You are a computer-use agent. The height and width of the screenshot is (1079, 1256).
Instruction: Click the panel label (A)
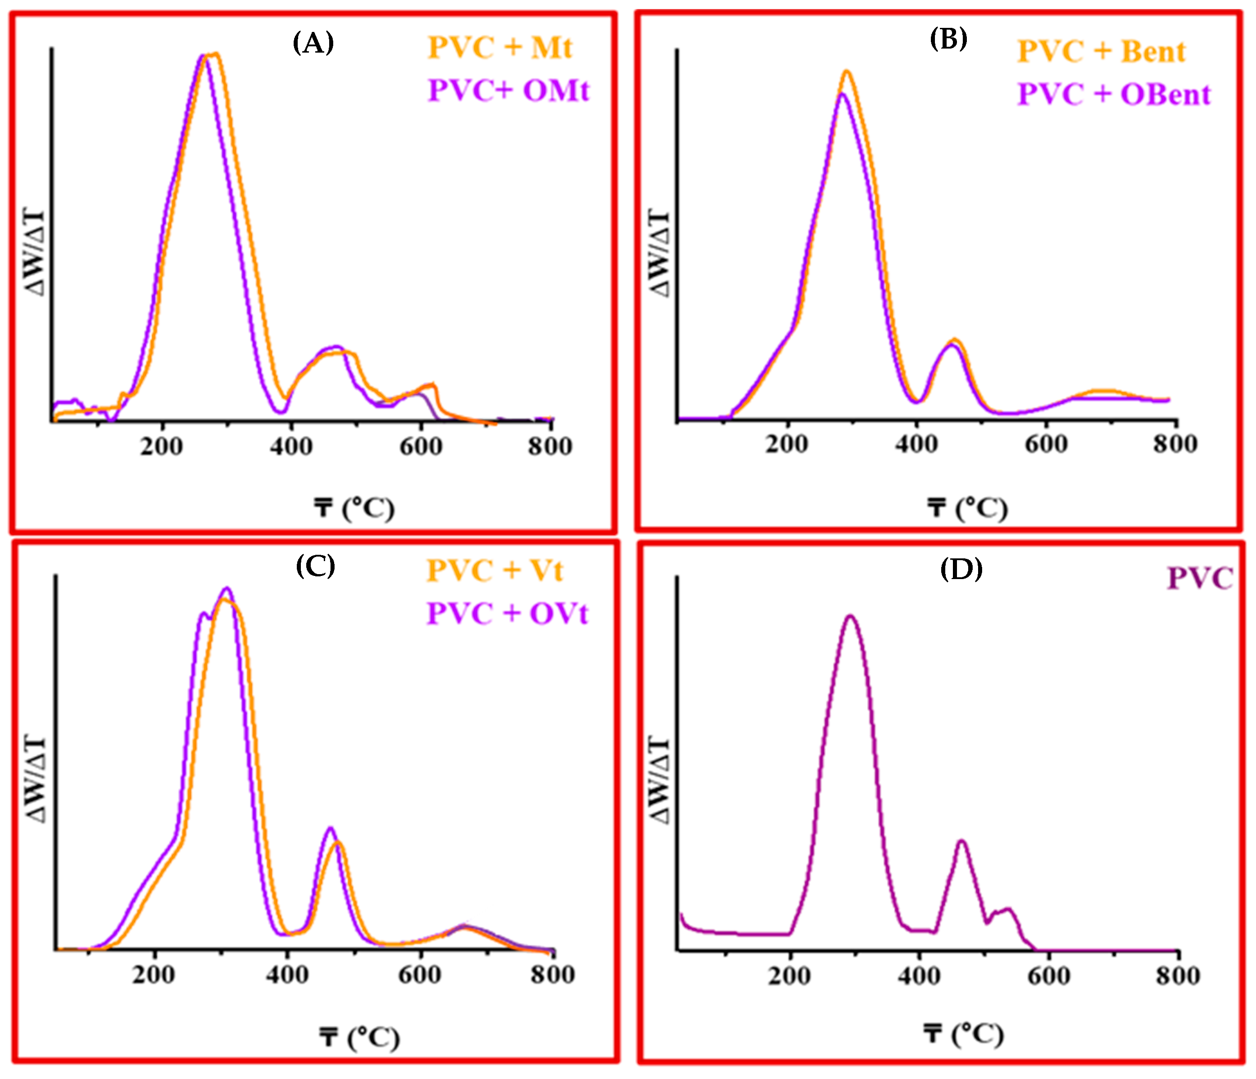(x=313, y=43)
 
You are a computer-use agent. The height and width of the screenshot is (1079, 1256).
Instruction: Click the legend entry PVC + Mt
(x=500, y=48)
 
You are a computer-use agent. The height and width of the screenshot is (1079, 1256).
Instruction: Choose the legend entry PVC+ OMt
(x=508, y=91)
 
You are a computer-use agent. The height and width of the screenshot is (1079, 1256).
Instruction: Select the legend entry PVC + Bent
(x=1101, y=52)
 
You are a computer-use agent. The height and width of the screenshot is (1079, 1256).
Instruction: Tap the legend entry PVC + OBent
(x=1113, y=94)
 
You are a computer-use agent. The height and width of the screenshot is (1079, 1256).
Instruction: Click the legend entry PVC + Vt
(x=494, y=571)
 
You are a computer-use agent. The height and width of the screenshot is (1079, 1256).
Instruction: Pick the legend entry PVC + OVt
(x=507, y=613)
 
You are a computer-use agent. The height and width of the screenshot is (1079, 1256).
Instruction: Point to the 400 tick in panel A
(x=291, y=447)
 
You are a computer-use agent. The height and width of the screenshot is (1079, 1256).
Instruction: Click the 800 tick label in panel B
(x=1175, y=444)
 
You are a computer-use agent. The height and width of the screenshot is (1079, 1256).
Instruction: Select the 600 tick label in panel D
(x=1048, y=976)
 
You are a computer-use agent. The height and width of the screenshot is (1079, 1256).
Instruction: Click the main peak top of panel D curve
(x=850, y=616)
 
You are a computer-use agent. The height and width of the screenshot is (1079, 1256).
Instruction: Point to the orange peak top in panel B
(x=847, y=71)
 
